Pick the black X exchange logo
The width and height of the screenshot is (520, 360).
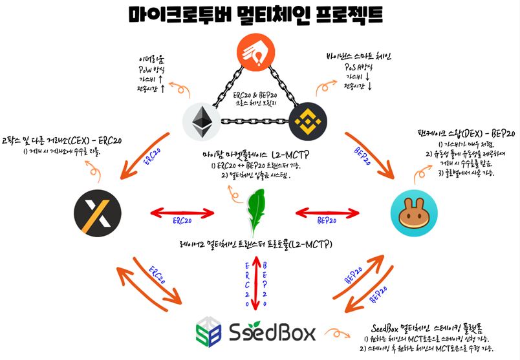pyautogui.click(x=95, y=211)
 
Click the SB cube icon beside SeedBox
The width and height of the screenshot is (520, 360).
pyautogui.click(x=210, y=332)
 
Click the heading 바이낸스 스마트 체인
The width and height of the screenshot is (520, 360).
pyautogui.click(x=362, y=56)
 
